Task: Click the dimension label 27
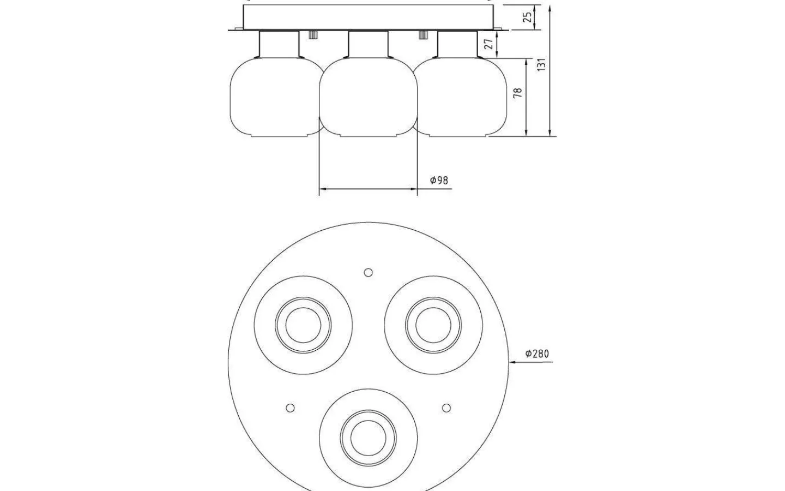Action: point(488,44)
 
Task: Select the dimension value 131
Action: point(541,64)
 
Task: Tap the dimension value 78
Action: point(518,93)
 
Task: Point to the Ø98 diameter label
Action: point(439,180)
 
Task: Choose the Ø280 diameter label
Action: point(538,354)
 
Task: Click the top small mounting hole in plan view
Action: point(369,272)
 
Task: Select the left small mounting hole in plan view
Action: point(290,408)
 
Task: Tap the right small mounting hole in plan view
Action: point(446,408)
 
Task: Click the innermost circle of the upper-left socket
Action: point(286,325)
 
